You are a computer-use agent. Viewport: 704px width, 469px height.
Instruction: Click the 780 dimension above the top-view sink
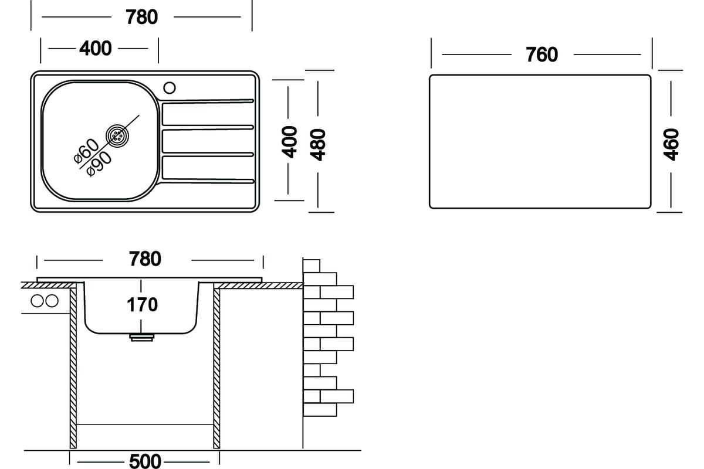click(142, 17)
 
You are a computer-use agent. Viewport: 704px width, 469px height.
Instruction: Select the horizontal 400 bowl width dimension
click(96, 49)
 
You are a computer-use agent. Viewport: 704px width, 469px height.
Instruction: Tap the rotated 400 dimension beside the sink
click(289, 142)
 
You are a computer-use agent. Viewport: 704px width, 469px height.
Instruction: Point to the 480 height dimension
click(318, 144)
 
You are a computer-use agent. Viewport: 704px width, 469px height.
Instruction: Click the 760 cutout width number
click(542, 55)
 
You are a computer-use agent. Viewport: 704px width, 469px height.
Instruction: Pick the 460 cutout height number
click(671, 144)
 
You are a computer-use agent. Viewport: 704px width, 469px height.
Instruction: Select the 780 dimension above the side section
click(145, 259)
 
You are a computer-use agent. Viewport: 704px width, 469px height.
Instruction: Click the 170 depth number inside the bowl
click(142, 305)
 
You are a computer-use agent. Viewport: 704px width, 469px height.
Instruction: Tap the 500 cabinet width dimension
click(145, 461)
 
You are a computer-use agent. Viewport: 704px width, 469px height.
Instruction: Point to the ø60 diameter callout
click(86, 151)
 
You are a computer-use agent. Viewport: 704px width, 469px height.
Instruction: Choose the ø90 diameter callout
click(99, 164)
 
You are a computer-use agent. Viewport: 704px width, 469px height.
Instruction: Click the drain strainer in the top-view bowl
click(117, 135)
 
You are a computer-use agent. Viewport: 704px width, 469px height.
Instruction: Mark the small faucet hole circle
click(170, 87)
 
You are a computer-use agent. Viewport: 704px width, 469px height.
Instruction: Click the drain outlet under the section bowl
click(142, 337)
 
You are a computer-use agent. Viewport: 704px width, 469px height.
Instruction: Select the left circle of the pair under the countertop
click(37, 301)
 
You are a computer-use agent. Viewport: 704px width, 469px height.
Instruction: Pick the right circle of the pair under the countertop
click(52, 301)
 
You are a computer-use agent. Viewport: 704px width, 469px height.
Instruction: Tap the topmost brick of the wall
click(312, 266)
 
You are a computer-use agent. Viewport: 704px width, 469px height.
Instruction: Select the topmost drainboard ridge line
click(207, 101)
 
